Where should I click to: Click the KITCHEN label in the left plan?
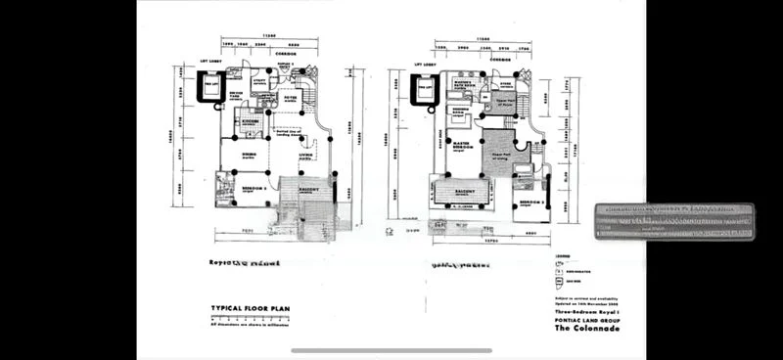[251, 122]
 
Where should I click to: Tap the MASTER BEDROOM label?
[460, 148]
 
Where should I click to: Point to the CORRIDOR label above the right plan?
[500, 58]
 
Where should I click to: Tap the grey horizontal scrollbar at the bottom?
[391, 350]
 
